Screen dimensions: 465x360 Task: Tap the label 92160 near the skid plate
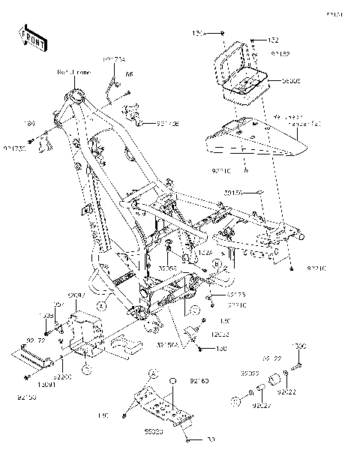(x=198, y=382)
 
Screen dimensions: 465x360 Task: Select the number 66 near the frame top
(x=128, y=74)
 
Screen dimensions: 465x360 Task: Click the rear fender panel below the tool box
(x=247, y=140)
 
